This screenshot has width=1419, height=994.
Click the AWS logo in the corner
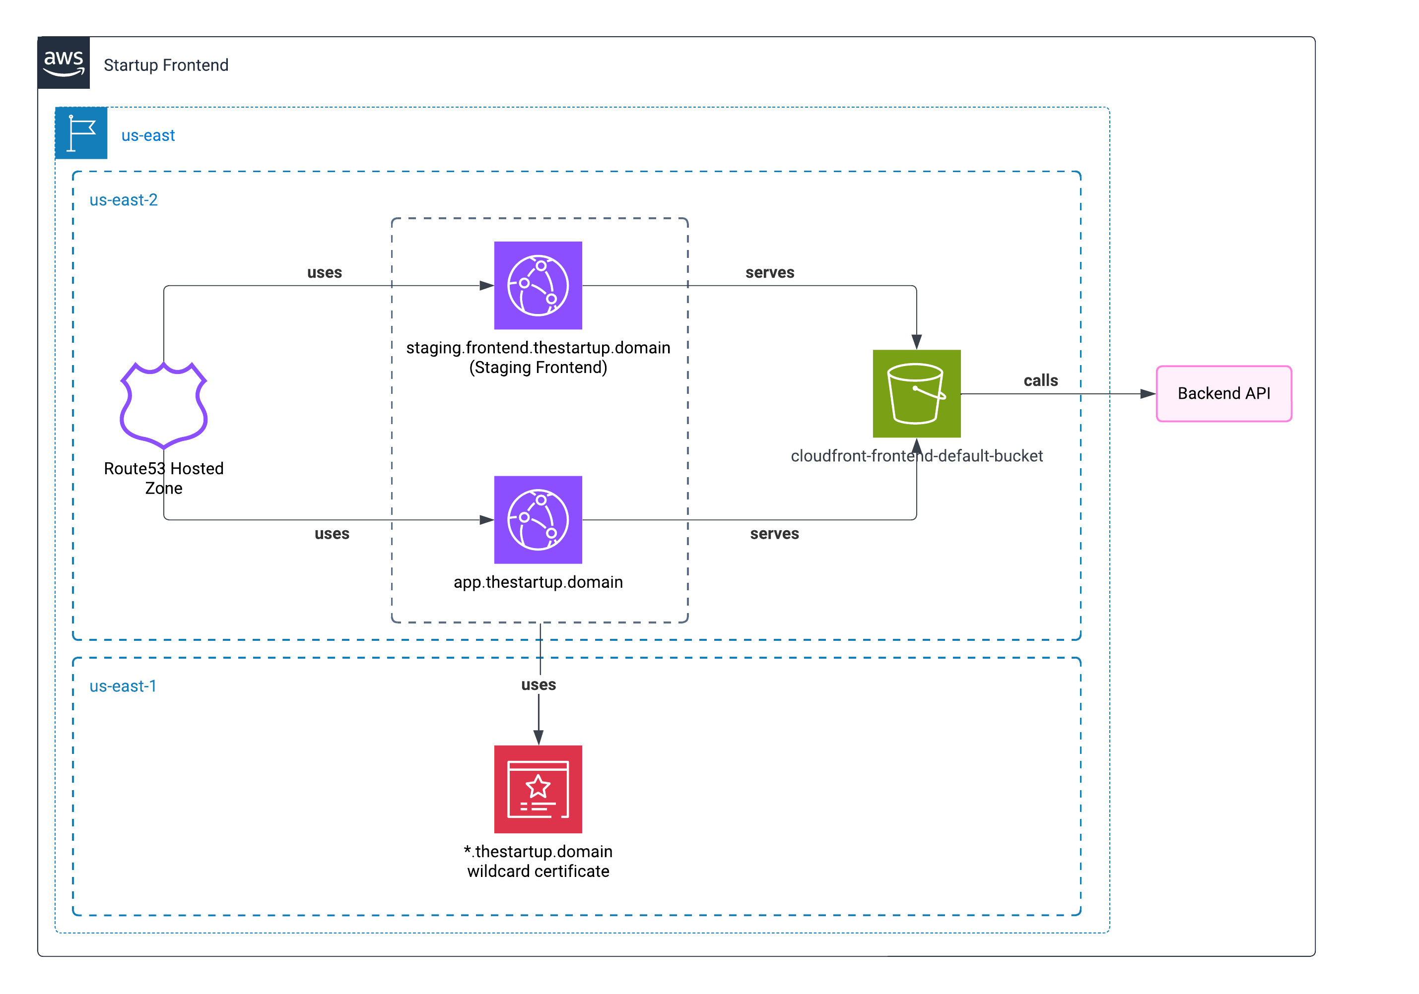pos(64,63)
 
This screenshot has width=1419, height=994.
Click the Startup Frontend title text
pos(166,65)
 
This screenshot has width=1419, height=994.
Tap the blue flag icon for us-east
pos(81,133)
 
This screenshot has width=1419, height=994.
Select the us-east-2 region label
pos(124,200)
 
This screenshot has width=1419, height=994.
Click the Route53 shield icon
pos(164,405)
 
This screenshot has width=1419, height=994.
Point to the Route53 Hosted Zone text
pos(164,478)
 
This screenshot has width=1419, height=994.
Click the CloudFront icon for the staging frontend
pos(538,285)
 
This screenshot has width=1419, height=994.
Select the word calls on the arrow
pos(1040,380)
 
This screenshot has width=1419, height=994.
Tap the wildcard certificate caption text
pos(538,861)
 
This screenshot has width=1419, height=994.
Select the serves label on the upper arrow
pos(769,272)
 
